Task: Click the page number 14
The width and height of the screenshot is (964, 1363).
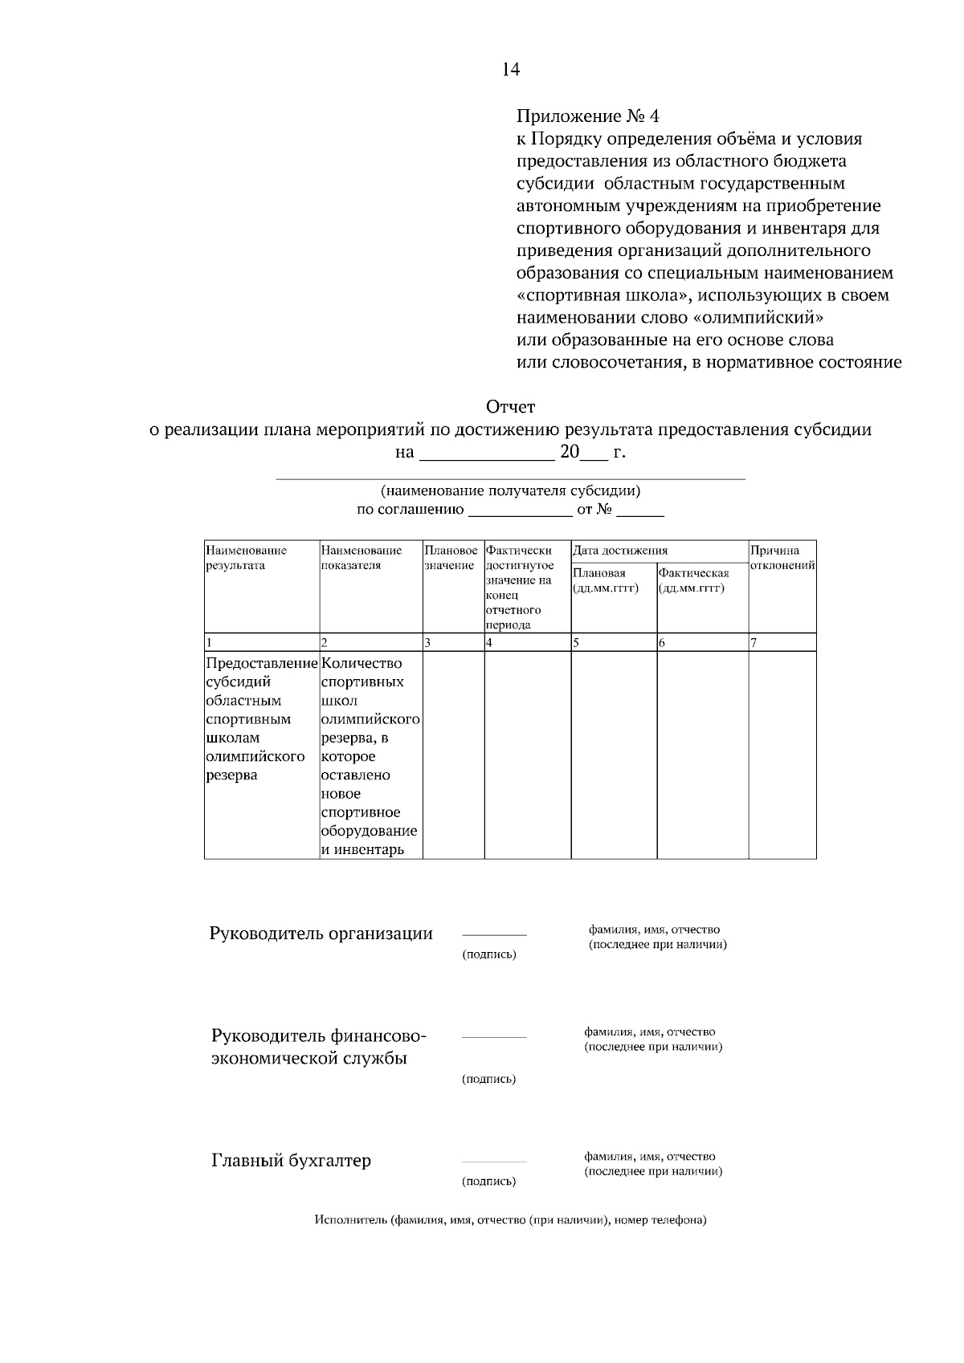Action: point(511,69)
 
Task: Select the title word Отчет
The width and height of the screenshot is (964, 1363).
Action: point(510,407)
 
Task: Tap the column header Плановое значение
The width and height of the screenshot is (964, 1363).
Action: point(451,558)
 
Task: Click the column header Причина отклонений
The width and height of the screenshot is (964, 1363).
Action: point(782,558)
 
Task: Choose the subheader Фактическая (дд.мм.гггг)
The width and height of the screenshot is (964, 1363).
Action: point(693,580)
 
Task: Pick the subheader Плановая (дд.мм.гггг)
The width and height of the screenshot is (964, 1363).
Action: point(607,580)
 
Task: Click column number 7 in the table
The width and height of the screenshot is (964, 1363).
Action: point(754,642)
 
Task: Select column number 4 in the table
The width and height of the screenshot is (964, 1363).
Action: point(489,642)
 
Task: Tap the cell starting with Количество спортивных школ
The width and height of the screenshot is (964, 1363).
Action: point(370,755)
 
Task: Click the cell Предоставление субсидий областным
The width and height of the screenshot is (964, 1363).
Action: point(262,718)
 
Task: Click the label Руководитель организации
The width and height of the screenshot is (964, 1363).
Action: point(321,934)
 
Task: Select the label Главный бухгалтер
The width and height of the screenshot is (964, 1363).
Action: point(291,1161)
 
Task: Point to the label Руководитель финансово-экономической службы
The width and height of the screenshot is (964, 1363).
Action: point(318,1047)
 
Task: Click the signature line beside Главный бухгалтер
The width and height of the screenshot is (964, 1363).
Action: point(494,1162)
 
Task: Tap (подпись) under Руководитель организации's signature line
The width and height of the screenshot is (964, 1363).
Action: point(488,954)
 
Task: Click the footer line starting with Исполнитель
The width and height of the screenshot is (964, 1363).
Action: point(510,1221)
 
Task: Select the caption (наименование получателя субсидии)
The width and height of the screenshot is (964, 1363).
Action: point(510,490)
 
